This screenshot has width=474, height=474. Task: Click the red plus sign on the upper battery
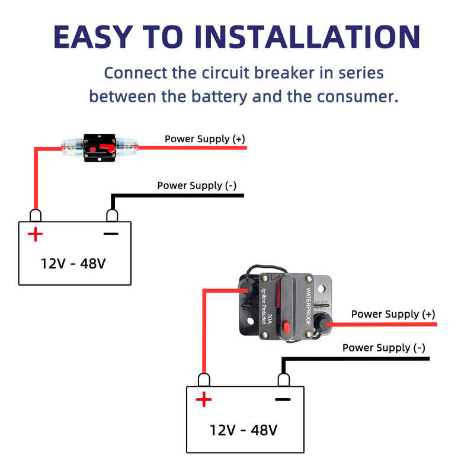tap(36, 235)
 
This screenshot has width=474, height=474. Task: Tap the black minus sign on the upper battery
tap(111, 234)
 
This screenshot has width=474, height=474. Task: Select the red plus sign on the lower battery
tap(204, 400)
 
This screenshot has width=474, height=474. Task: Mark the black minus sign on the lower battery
tap(283, 399)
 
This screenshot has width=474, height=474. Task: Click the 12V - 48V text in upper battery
tap(73, 263)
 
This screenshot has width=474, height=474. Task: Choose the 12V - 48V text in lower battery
tap(244, 430)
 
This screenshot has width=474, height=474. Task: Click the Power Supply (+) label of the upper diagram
tap(204, 139)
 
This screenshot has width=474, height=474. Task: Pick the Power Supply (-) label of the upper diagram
tap(197, 185)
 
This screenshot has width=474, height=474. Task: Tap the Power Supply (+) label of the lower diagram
tap(393, 314)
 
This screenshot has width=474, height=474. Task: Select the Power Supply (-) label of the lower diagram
tap(383, 348)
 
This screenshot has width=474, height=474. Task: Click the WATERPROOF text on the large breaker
tap(309, 303)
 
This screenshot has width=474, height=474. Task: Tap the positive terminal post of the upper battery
tap(36, 214)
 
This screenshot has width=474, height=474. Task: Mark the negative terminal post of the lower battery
tap(283, 379)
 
